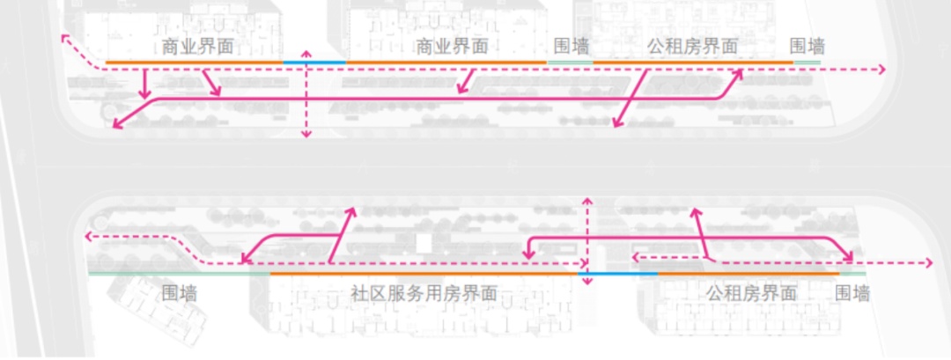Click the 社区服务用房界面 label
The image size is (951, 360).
point(424,294)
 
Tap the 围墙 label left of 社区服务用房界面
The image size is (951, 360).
point(180,294)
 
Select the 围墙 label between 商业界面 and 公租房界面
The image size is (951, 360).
point(571,47)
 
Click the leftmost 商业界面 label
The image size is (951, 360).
point(197,47)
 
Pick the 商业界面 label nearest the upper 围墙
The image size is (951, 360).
point(452,47)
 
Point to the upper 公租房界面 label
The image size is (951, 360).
point(693,47)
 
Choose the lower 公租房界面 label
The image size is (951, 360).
point(751,294)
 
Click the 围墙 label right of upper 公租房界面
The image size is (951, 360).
point(807,47)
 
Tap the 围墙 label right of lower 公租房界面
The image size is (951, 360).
point(852,294)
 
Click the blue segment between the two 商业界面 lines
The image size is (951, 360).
point(314,62)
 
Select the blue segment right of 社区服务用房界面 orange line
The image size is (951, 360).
point(618,274)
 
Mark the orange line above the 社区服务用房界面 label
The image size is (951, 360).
point(424,274)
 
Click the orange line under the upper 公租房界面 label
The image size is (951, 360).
point(693,62)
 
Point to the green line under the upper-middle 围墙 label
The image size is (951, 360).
point(570,62)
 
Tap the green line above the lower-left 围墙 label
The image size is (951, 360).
point(179,274)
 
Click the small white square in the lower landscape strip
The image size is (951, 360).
point(424,244)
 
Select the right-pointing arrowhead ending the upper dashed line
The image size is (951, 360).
point(881,70)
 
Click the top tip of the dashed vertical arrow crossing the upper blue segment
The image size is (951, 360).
point(306,50)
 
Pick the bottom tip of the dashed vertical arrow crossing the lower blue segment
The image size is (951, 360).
point(586,287)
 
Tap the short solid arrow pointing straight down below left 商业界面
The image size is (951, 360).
point(144,84)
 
